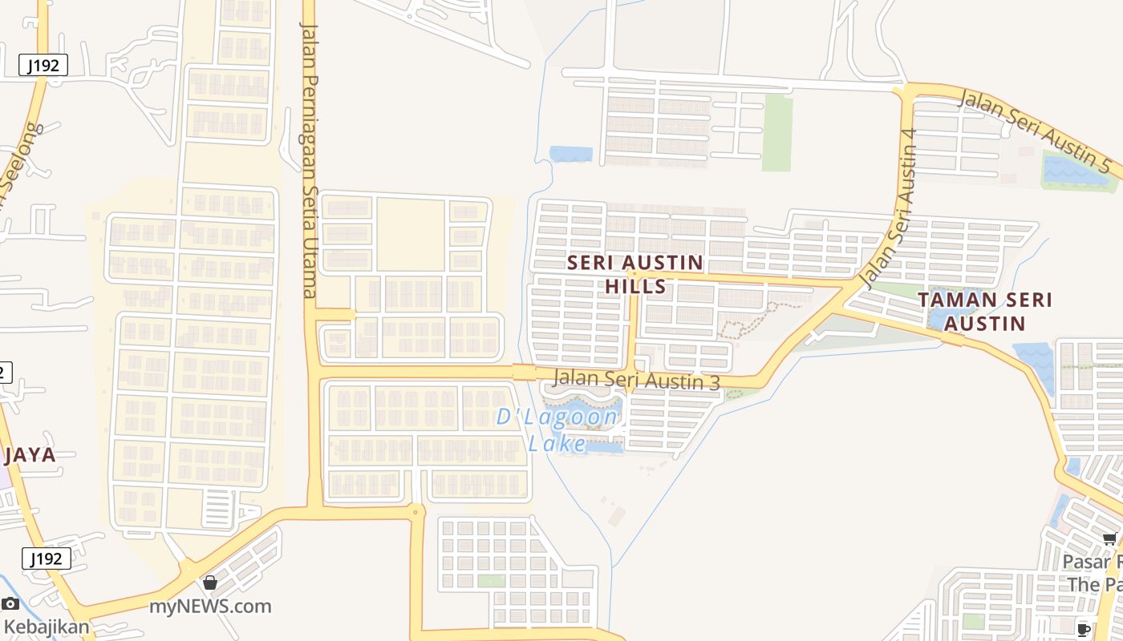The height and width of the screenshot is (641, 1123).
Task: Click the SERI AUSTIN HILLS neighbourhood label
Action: (x=635, y=274)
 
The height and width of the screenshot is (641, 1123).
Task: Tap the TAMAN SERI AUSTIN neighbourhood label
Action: (x=984, y=311)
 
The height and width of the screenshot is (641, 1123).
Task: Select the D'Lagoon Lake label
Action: (x=557, y=429)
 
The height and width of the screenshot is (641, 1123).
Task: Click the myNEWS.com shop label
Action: (x=210, y=607)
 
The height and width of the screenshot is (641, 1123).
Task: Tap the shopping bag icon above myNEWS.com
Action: (x=210, y=583)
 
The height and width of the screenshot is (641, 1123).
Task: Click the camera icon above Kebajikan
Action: (x=10, y=603)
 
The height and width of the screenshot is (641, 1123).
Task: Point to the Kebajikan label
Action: (x=47, y=627)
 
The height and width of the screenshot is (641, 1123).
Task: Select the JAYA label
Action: (x=30, y=455)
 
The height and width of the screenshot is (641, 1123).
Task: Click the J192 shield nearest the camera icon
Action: (x=46, y=558)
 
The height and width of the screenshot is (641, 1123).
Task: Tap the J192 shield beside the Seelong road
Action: (x=43, y=66)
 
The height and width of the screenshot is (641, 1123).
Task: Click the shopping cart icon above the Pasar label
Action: (x=1109, y=539)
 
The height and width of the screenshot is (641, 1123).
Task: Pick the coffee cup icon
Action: (x=1084, y=630)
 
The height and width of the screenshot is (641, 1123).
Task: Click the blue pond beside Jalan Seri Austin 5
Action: (x=1075, y=171)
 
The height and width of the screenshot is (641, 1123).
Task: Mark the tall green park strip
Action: (x=776, y=132)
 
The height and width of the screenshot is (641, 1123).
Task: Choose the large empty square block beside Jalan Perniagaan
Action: (x=410, y=234)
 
